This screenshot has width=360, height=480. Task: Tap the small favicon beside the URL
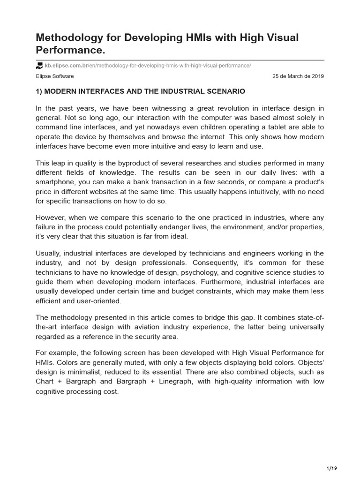click(x=39, y=65)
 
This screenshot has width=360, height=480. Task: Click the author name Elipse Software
click(x=55, y=76)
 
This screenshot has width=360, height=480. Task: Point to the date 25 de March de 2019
click(x=298, y=76)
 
